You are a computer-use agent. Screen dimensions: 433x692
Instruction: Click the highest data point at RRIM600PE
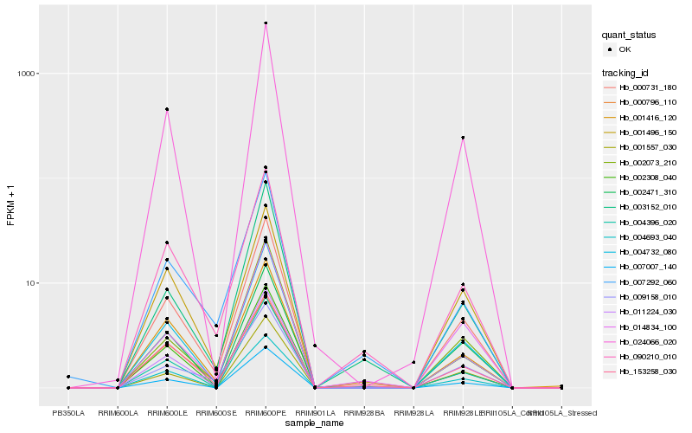(x=266, y=23)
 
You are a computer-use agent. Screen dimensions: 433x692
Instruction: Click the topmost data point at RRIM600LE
(x=167, y=109)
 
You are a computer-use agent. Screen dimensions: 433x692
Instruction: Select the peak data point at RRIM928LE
(x=463, y=138)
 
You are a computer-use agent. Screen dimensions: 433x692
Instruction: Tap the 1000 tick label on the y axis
(x=27, y=74)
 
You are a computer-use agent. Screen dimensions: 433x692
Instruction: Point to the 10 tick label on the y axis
(x=31, y=283)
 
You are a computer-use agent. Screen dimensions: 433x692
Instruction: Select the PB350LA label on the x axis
(x=68, y=411)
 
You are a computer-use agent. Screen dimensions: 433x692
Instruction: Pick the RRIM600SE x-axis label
(x=216, y=411)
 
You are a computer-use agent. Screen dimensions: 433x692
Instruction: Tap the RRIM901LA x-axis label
(x=315, y=411)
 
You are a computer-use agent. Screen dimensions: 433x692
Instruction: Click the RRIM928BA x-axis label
(x=364, y=411)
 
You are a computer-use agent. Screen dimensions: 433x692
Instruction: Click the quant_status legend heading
(x=629, y=36)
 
